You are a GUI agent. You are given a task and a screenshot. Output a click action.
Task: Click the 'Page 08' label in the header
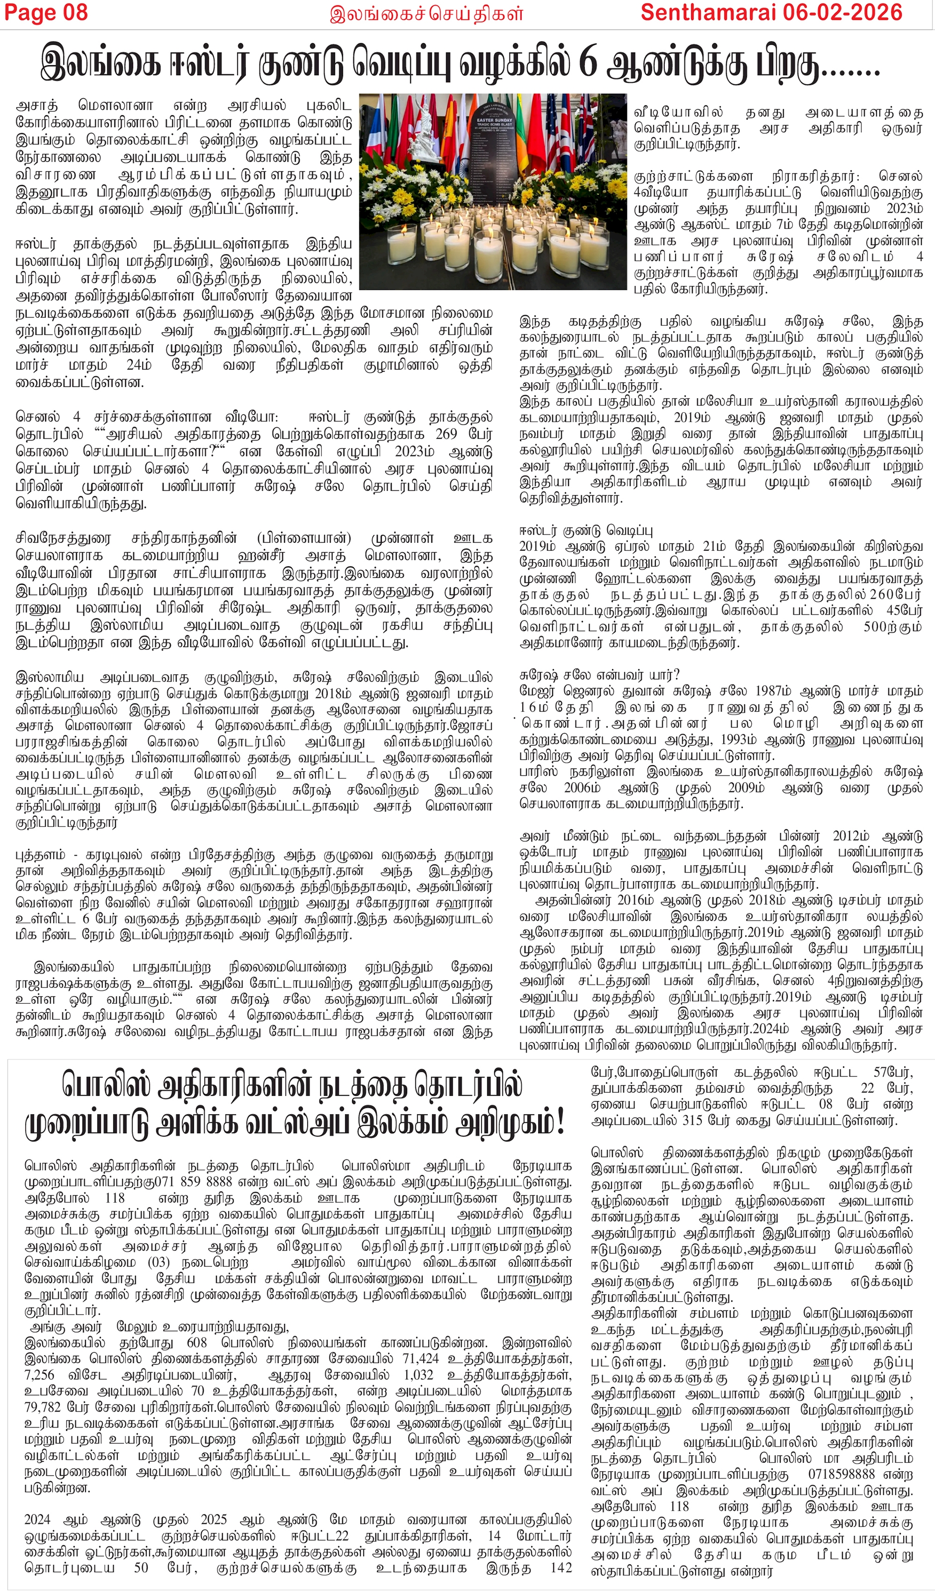[x=45, y=12]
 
